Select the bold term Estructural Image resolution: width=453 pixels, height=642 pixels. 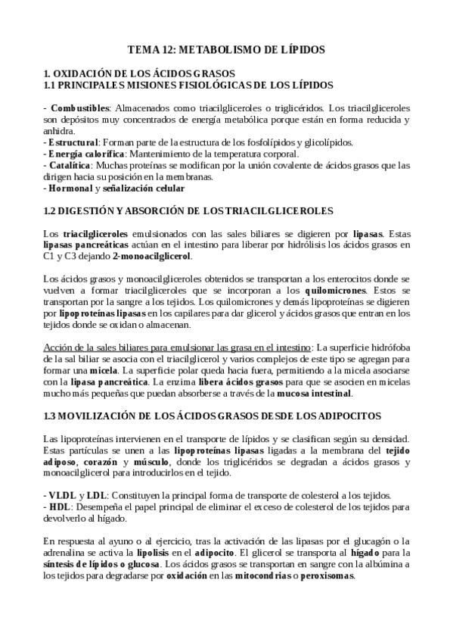pyautogui.click(x=73, y=142)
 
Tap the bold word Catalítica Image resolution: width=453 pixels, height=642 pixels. pyautogui.click(x=70, y=164)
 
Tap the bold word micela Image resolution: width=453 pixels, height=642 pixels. pyautogui.click(x=102, y=371)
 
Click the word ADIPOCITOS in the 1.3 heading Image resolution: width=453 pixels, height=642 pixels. pyautogui.click(x=347, y=416)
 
